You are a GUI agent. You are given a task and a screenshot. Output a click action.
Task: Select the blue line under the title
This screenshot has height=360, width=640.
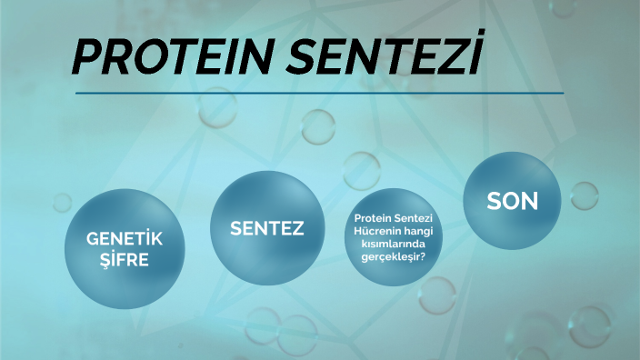point(319,93)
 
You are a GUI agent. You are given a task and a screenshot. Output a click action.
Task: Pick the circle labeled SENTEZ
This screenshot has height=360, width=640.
point(266,228)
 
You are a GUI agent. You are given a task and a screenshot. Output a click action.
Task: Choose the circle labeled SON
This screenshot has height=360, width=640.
point(512,201)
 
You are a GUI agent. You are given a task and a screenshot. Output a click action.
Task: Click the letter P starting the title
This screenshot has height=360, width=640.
point(87,58)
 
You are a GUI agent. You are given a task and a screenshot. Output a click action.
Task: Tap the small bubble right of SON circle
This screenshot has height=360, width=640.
point(584,195)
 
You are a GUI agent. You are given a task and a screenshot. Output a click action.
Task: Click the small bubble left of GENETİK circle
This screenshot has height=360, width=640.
point(63,202)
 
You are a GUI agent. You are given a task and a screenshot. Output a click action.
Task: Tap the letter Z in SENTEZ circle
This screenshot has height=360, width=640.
point(296,228)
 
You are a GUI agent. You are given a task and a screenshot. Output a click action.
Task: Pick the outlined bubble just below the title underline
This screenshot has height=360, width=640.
point(318,126)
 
